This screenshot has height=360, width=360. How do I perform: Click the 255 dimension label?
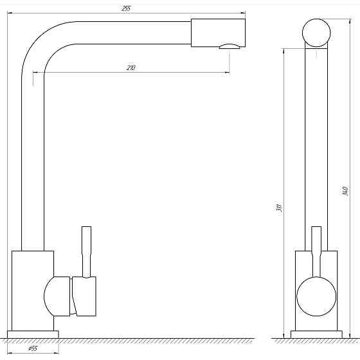coord(125,8)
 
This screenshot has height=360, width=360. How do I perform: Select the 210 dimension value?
coord(131,67)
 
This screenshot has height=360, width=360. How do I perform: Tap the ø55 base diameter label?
coord(33,348)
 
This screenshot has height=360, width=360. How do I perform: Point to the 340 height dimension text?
coord(345,191)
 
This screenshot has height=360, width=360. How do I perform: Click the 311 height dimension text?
coord(279,208)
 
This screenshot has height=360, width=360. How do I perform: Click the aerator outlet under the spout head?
coord(230,46)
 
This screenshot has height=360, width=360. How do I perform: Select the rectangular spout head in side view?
coord(218,33)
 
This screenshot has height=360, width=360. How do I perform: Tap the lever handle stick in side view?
coord(87,252)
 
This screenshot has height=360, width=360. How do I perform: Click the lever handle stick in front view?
coord(316,251)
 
